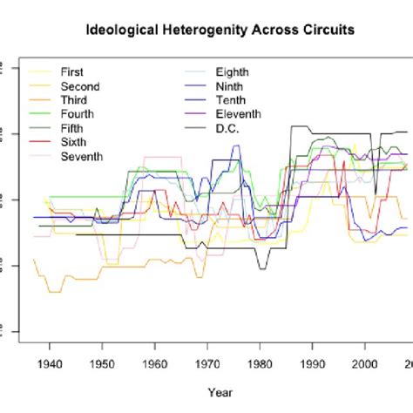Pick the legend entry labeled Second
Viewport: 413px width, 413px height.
pos(80,86)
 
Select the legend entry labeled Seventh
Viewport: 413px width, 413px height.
pos(82,156)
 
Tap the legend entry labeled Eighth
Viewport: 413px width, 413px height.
pos(234,72)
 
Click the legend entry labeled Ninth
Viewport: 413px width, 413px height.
pos(230,86)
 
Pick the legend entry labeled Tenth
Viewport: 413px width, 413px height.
pos(231,100)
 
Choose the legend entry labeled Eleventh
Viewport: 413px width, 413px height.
pos(238,114)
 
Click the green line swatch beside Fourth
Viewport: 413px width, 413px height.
pos(39,114)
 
